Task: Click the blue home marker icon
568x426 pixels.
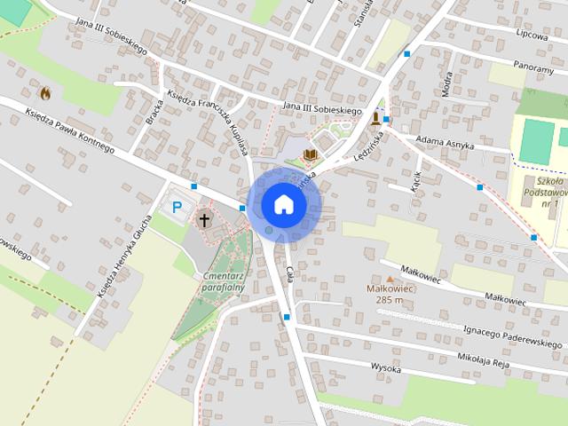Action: pos(283,204)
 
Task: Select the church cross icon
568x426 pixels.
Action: pos(205,219)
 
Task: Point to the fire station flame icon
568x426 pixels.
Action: pos(44,91)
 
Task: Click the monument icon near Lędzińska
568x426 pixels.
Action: pos(375,117)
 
